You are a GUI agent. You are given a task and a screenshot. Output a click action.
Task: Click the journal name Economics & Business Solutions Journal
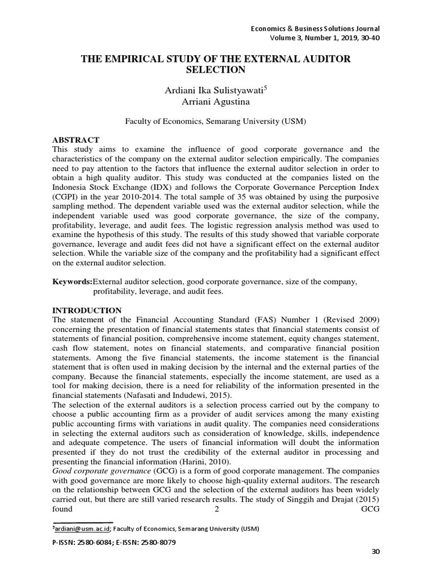pos(314,29)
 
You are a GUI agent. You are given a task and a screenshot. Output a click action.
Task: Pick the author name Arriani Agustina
pos(216,102)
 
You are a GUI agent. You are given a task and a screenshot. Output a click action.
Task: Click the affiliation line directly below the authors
pos(216,121)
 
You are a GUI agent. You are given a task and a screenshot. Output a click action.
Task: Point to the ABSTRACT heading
pos(75,140)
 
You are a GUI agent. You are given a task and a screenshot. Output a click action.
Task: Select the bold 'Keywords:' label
pos(72,281)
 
